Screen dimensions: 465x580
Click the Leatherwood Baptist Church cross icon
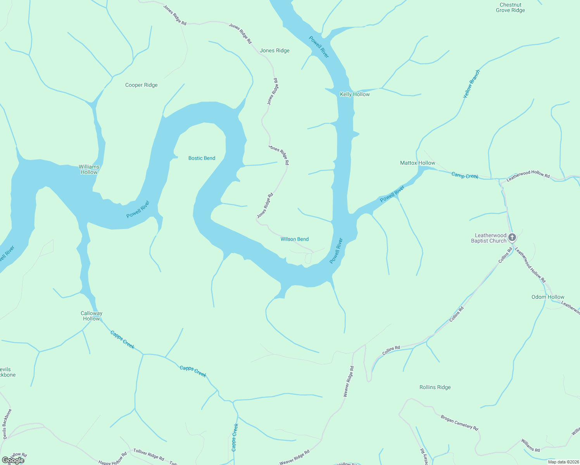click(512, 237)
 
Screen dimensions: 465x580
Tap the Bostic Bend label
click(202, 158)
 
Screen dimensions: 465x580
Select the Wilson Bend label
click(295, 239)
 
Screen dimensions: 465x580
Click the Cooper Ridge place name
click(142, 85)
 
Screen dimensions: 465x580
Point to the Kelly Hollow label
click(355, 94)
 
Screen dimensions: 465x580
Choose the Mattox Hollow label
click(418, 163)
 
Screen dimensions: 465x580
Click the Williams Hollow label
click(89, 169)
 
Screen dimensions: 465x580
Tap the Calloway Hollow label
click(91, 316)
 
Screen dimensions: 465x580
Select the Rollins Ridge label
click(435, 387)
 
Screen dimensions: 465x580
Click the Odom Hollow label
click(548, 297)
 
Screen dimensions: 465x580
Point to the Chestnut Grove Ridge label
click(510, 8)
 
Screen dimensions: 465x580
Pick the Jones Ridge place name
click(275, 50)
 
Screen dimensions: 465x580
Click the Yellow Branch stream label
click(472, 84)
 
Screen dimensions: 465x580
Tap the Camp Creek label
click(465, 176)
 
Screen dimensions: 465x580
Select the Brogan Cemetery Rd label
click(459, 422)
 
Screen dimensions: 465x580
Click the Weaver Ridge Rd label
click(349, 381)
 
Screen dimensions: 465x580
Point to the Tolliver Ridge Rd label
click(148, 454)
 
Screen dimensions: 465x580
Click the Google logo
click(13, 460)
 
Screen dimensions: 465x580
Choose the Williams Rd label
click(530, 445)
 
